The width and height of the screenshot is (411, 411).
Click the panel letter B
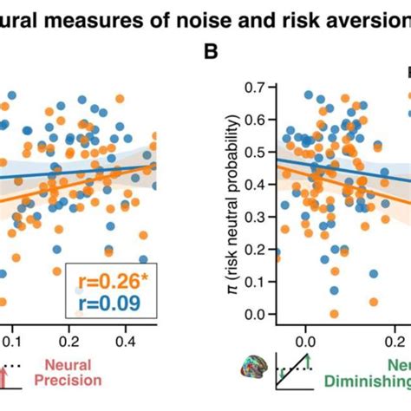pos(210,51)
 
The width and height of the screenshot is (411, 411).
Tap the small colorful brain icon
pos(255,372)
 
